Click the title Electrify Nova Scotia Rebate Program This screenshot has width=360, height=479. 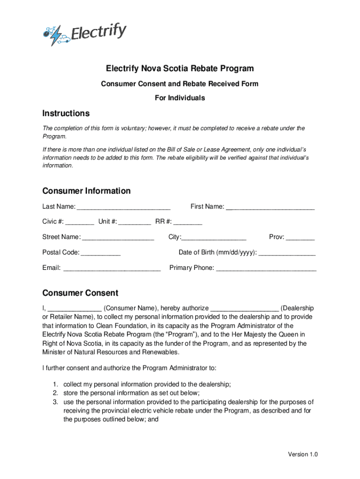(x=180, y=69)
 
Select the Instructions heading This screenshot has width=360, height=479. (x=65, y=113)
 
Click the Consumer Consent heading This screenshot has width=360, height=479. (x=80, y=293)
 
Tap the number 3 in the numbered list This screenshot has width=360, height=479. (x=55, y=402)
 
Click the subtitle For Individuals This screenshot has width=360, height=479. (x=180, y=98)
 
